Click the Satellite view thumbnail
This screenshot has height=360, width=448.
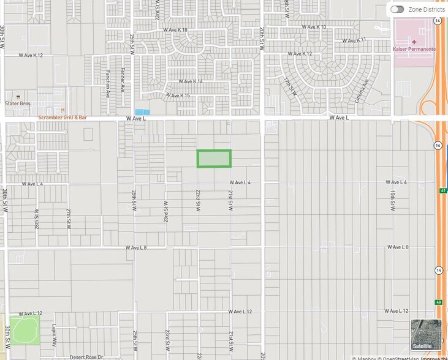tap(425, 335)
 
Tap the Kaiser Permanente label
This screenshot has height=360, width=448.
tap(414, 48)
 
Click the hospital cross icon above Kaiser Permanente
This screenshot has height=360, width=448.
tap(414, 40)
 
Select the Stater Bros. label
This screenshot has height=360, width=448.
tap(18, 103)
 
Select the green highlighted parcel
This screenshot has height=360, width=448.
tap(213, 158)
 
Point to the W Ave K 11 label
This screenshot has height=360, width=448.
tap(354, 40)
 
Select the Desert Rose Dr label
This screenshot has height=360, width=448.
tap(85, 356)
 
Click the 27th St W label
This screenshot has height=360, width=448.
tap(69, 219)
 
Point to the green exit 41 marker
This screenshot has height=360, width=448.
tap(442, 190)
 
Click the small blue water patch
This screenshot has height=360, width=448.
tap(142, 112)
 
